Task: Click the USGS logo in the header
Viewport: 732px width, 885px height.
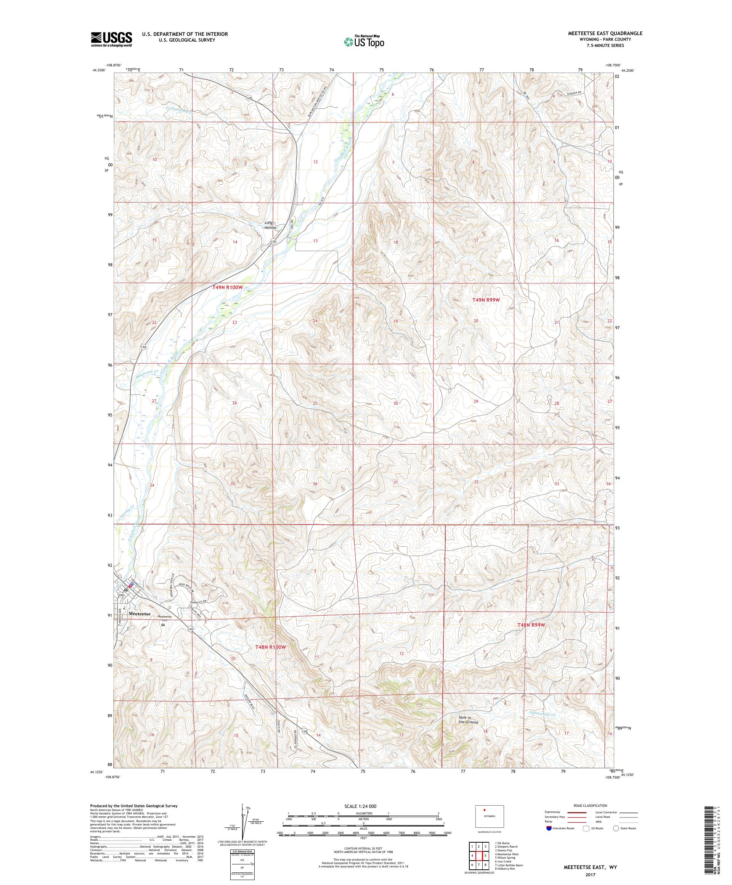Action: [x=112, y=40]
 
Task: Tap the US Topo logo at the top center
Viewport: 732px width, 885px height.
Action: [x=364, y=41]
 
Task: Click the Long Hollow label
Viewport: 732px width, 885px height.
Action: [x=270, y=225]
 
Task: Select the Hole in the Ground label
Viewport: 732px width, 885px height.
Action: [x=468, y=720]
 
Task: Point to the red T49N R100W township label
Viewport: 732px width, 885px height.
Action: [x=228, y=287]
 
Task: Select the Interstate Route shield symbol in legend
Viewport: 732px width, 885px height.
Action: [x=549, y=828]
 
